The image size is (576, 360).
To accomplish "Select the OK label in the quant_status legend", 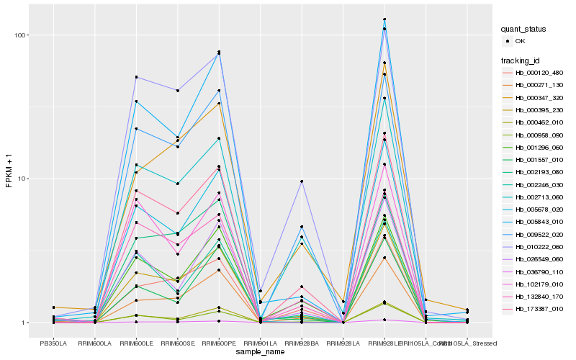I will tap(520, 42).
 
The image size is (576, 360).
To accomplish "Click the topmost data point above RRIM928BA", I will tap(302, 181).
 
